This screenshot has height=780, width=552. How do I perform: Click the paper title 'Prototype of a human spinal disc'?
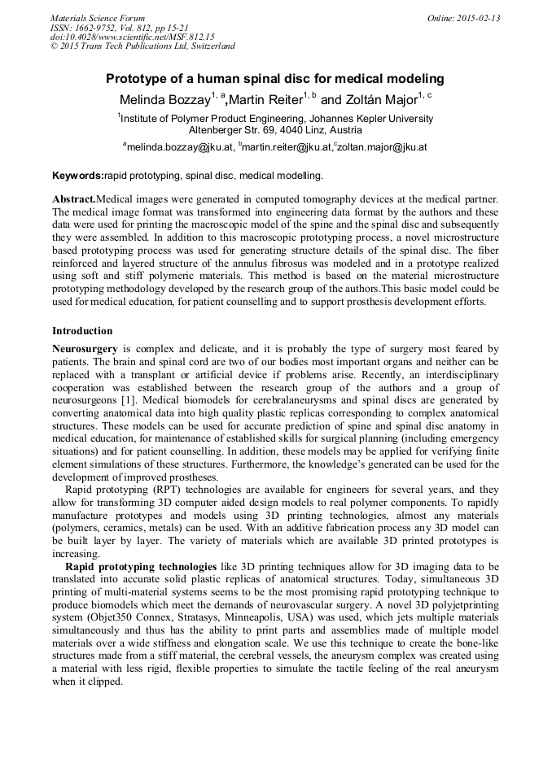tap(275, 79)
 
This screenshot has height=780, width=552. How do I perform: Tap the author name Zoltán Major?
tap(379, 99)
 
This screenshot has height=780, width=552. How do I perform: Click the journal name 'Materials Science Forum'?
tap(98, 18)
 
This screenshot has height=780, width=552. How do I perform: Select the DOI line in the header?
tap(132, 37)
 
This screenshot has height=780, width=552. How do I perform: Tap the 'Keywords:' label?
tap(78, 175)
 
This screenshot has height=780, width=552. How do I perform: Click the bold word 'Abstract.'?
tap(74, 199)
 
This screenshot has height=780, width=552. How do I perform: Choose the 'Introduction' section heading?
tap(82, 331)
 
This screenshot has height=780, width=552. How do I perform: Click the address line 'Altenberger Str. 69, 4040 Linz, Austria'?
tap(275, 130)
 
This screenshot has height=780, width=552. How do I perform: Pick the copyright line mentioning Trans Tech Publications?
tap(142, 46)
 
